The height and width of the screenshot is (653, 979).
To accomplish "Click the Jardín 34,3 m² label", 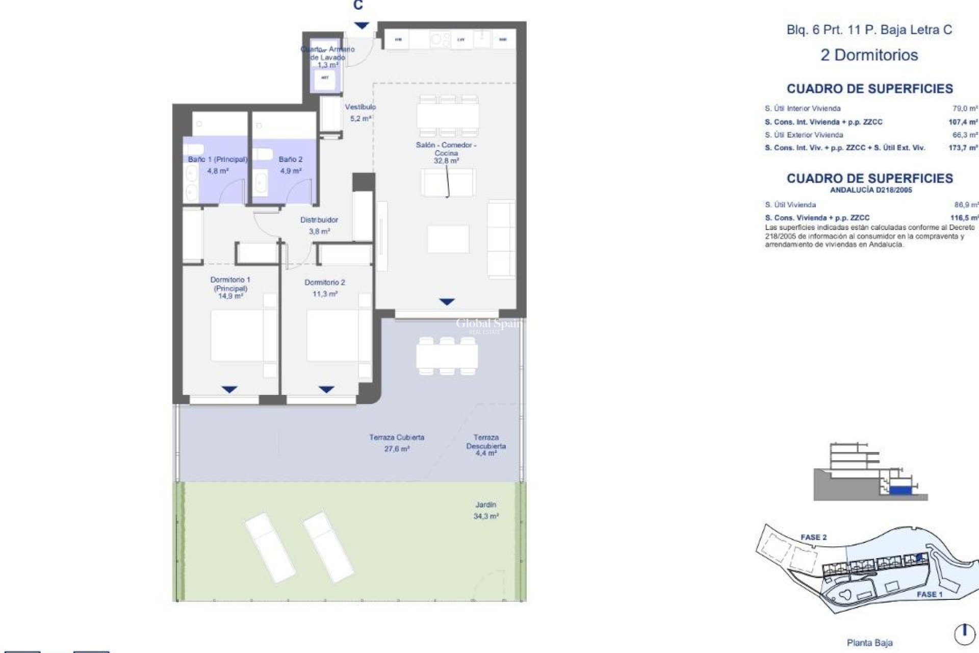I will point(485,510).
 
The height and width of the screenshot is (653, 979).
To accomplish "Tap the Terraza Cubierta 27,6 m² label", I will point(397,443).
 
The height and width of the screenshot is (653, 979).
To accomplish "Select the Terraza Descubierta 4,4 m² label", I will point(485,445).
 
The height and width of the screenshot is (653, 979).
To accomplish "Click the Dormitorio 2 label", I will point(325,288).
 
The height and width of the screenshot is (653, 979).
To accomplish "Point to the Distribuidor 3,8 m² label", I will point(319,225).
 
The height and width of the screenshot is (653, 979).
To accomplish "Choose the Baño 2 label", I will point(291,165).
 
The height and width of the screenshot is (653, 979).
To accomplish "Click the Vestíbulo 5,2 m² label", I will point(360,112).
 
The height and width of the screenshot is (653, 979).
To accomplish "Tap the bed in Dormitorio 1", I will point(238,337).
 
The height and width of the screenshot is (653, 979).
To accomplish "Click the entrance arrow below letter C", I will point(362,26).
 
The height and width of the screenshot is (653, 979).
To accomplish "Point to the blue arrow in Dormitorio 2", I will point(326,390).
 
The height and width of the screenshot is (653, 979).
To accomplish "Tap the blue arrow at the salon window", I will point(447,302).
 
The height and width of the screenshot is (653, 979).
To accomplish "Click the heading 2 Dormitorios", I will point(869,55).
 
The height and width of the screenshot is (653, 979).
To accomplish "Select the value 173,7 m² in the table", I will point(965,148).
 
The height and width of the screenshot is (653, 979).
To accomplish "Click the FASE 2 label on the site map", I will point(813,537).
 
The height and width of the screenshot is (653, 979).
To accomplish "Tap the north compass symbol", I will point(964,634).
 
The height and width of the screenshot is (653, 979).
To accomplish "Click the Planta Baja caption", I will point(869,643).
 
